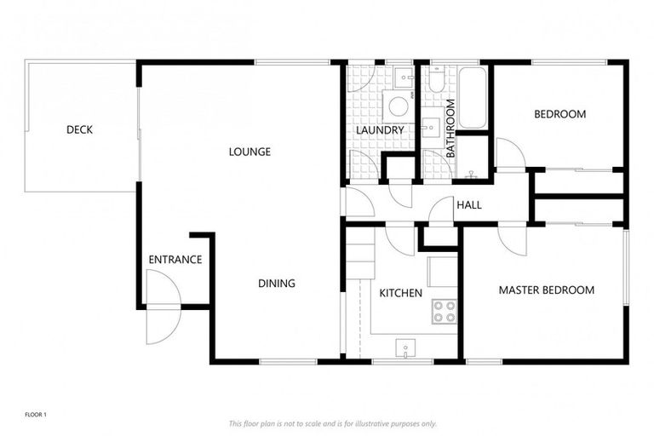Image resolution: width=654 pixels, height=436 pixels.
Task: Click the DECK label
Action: tap(79, 130)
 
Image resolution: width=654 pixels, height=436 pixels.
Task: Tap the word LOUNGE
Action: tap(250, 152)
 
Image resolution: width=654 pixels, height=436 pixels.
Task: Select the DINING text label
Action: tap(277, 284)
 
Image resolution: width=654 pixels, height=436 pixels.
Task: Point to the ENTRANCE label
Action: tap(175, 260)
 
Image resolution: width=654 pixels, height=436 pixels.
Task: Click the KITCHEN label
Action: tap(400, 293)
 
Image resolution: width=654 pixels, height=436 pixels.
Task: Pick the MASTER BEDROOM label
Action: tap(546, 290)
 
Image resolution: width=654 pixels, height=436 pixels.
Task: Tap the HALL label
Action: tap(468, 205)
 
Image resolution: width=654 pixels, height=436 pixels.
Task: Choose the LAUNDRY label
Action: tap(380, 130)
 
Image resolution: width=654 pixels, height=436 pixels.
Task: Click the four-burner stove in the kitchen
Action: tap(443, 312)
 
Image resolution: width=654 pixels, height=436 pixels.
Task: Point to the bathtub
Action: tap(472, 98)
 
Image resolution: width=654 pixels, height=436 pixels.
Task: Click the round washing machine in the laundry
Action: tap(398, 107)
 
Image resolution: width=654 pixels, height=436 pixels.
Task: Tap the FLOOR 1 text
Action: tap(35, 415)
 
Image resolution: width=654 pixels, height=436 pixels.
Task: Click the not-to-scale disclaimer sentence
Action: tap(332, 423)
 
